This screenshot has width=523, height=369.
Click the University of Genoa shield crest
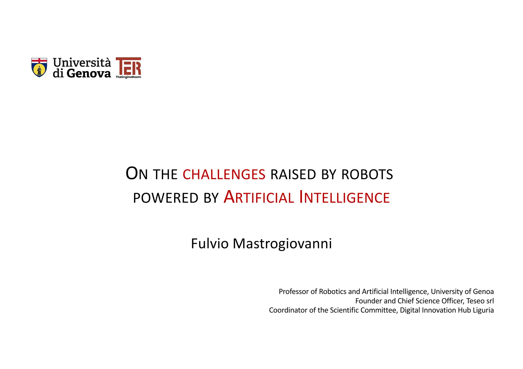coord(39,67)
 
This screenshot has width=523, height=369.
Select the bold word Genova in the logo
coord(89,74)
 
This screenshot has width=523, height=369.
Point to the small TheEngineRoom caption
coord(128,77)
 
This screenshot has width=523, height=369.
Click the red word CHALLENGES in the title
coord(224,174)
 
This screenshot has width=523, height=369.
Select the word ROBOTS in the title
coord(367,174)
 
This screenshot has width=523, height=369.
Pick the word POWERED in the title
coord(165,198)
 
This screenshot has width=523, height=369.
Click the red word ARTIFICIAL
coord(259,197)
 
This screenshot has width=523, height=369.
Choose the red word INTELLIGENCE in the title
coord(344,197)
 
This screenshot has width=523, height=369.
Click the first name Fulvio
coord(209,243)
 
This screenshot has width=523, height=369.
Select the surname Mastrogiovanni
coord(282,243)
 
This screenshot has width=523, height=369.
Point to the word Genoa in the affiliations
coord(483,291)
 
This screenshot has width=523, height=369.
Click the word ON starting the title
coord(137,174)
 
